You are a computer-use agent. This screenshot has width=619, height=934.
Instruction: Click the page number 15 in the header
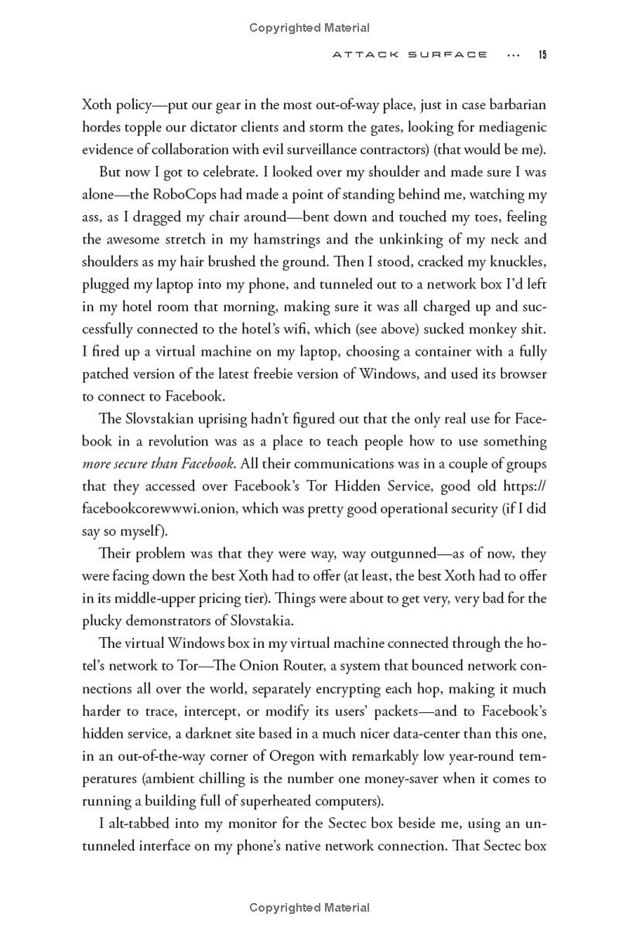(543, 55)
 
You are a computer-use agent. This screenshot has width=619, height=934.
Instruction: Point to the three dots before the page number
(512, 55)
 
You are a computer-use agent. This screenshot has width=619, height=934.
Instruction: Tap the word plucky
(101, 621)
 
